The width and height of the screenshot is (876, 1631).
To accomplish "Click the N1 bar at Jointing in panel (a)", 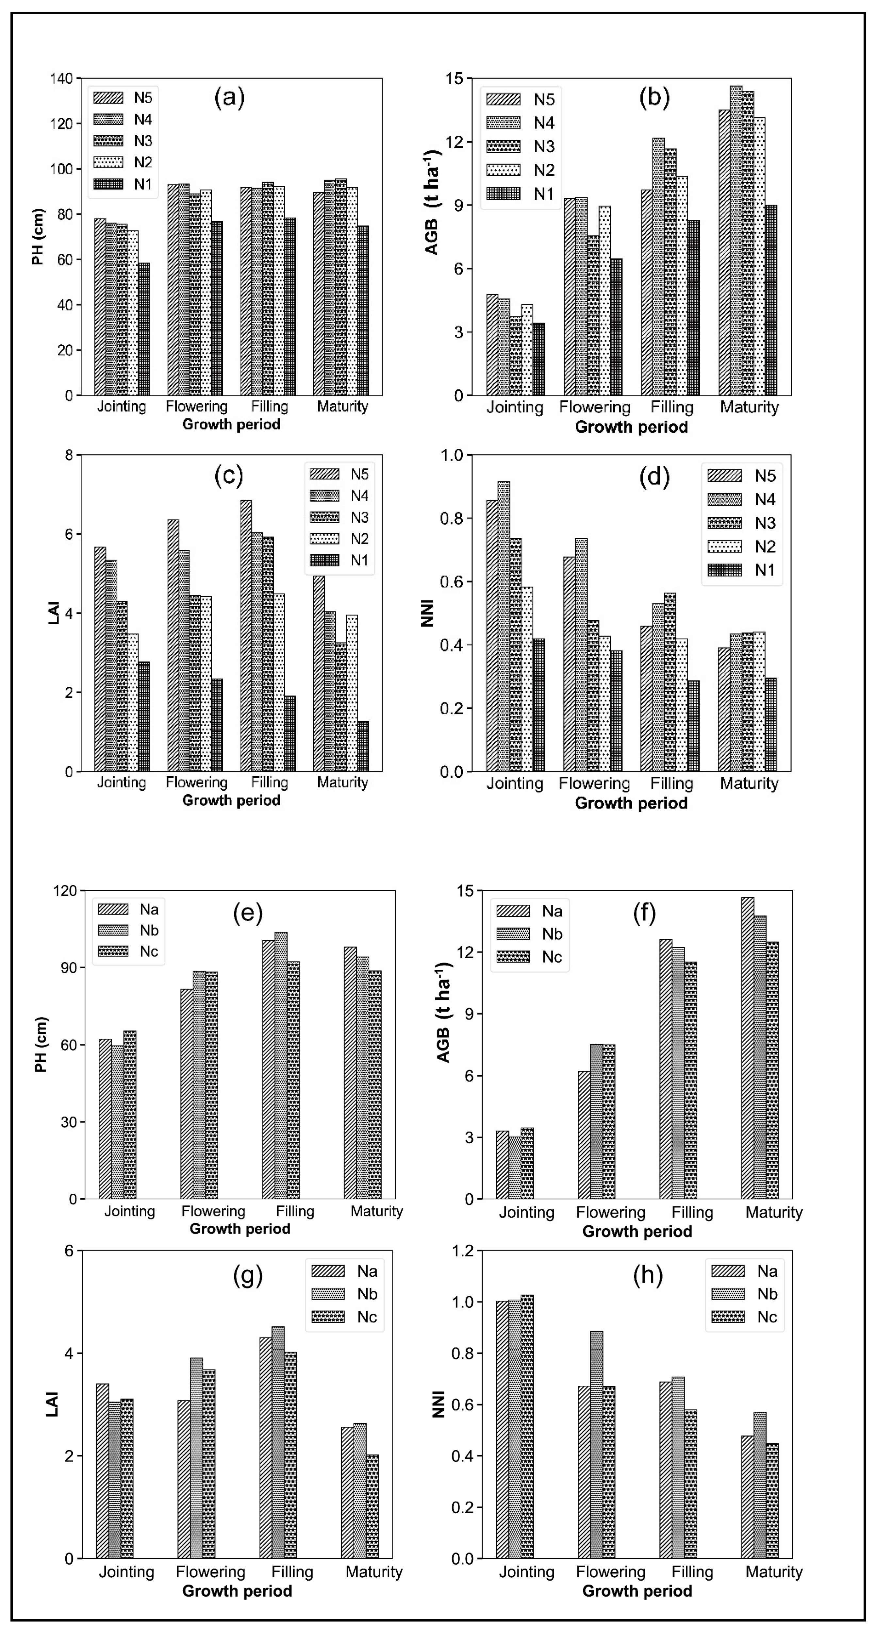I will tap(144, 329).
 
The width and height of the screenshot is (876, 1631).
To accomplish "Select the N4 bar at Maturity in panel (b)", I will tap(736, 241).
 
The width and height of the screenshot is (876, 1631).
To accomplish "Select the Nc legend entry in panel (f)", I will tap(529, 957).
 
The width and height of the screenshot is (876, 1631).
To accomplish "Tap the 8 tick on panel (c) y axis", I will tap(68, 455).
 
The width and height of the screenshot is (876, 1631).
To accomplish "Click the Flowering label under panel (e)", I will tap(213, 1211).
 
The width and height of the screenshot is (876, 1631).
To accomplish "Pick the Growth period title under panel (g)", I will tap(237, 1591).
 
